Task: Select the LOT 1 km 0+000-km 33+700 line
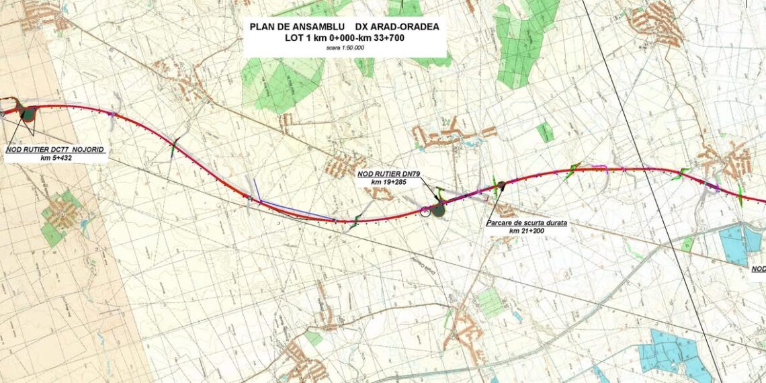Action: tap(344, 38)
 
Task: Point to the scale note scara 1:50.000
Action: tap(344, 48)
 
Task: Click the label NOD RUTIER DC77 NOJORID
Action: tap(55, 150)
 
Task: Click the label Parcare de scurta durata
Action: tap(526, 223)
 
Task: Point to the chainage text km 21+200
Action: tap(526, 231)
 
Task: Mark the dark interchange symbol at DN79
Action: tap(439, 210)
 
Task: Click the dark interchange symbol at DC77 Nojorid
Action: tap(28, 114)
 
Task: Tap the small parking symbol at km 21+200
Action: tap(501, 185)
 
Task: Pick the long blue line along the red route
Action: tap(296, 210)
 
